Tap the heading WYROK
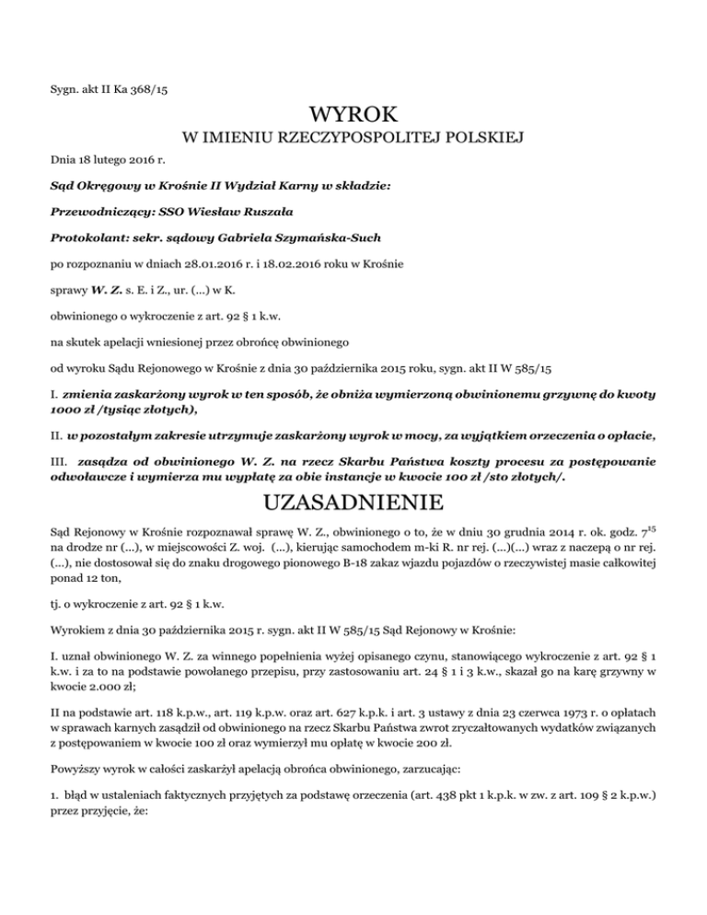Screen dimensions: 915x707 pyautogui.click(x=353, y=116)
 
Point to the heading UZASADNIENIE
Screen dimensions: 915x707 pyautogui.click(x=353, y=504)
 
